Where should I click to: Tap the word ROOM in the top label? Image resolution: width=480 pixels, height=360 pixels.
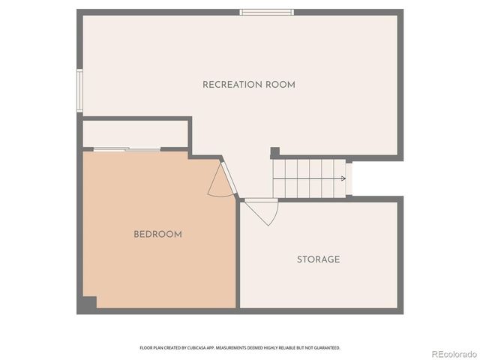coord(280,85)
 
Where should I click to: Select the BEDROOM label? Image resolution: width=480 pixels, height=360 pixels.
coord(157,234)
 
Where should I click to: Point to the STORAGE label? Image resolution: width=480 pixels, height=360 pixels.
coord(318,259)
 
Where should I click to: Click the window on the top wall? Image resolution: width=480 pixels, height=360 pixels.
coord(266,12)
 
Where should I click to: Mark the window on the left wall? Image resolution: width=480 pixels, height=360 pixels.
coord(79,91)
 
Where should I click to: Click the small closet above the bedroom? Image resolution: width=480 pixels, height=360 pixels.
coord(135,133)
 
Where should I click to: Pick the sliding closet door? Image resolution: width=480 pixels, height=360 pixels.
coord(127,150)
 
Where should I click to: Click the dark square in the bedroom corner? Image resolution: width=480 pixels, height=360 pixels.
coord(89,303)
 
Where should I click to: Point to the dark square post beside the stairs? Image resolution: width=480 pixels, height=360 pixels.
coord(274,152)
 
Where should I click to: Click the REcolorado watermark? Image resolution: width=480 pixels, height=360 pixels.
coord(453,353)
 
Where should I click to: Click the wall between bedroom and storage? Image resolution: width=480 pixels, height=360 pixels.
coord(238,255)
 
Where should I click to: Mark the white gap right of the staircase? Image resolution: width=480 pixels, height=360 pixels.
coord(349,178)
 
